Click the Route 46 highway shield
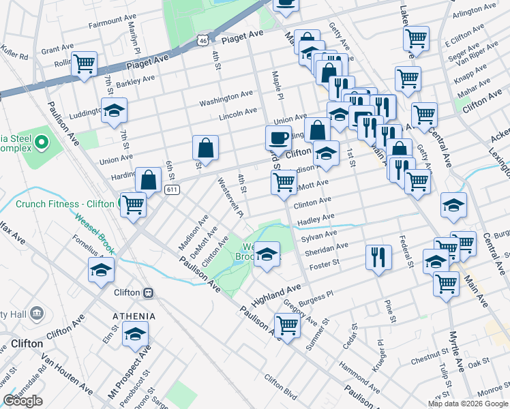(202, 42)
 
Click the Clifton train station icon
(148, 292)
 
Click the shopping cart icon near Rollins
(85, 63)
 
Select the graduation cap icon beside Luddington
(114, 110)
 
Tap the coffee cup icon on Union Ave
(277, 137)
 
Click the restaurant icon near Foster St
(378, 256)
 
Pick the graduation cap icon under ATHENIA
(136, 333)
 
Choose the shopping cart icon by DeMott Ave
(284, 181)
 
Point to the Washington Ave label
(226, 100)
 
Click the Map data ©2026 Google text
(467, 404)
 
